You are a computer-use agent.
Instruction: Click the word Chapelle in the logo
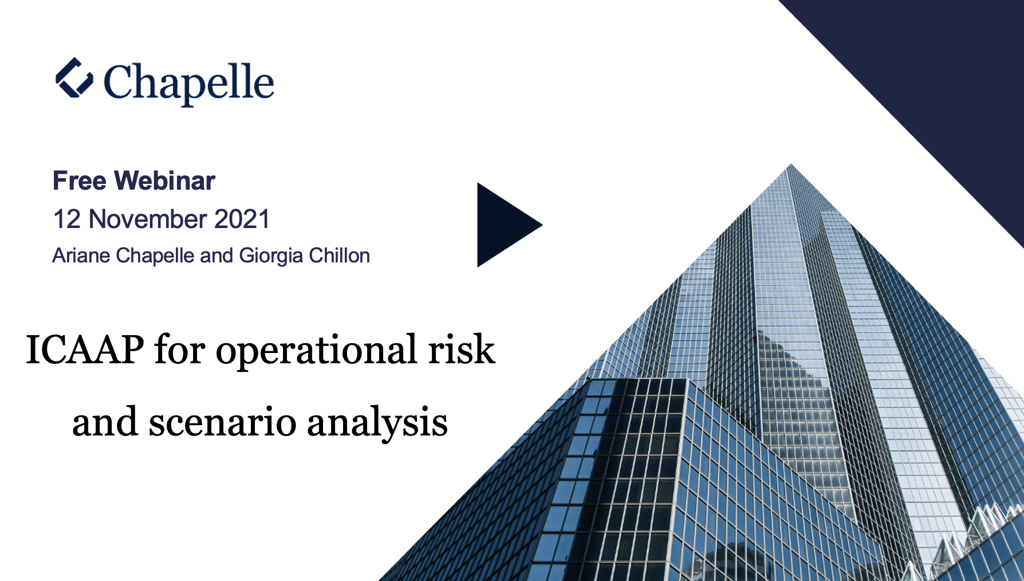[189, 84]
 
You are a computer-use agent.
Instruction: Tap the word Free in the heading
[80, 181]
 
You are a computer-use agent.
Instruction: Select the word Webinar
[165, 181]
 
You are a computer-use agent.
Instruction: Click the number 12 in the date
[67, 219]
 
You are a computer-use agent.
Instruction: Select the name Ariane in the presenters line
[81, 256]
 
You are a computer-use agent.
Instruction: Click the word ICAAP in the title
[85, 350]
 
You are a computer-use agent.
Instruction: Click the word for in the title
[179, 350]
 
